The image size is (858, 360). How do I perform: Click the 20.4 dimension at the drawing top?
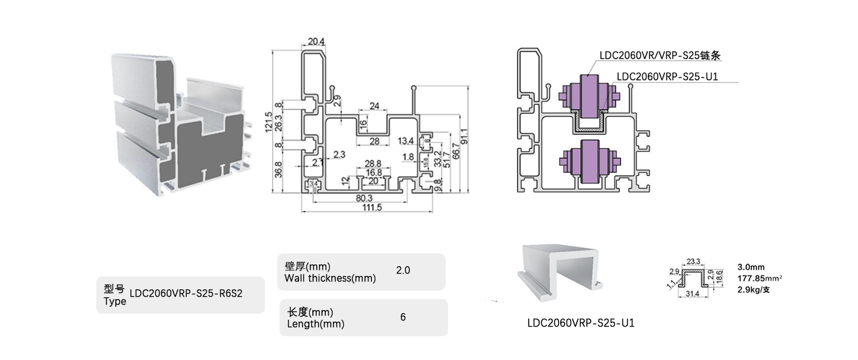(317, 41)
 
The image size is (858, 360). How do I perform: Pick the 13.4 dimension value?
(406, 141)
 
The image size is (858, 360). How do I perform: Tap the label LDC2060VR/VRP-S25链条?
(660, 55)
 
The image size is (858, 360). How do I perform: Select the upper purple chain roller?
(589, 96)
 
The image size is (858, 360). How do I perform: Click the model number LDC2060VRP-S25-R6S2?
(186, 294)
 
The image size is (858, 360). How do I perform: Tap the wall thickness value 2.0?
(403, 270)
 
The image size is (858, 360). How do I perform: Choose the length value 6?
(403, 317)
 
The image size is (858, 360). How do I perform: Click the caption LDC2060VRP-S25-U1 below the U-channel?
(581, 323)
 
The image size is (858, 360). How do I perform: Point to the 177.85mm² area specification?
(759, 278)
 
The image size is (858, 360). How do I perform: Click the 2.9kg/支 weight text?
(754, 289)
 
